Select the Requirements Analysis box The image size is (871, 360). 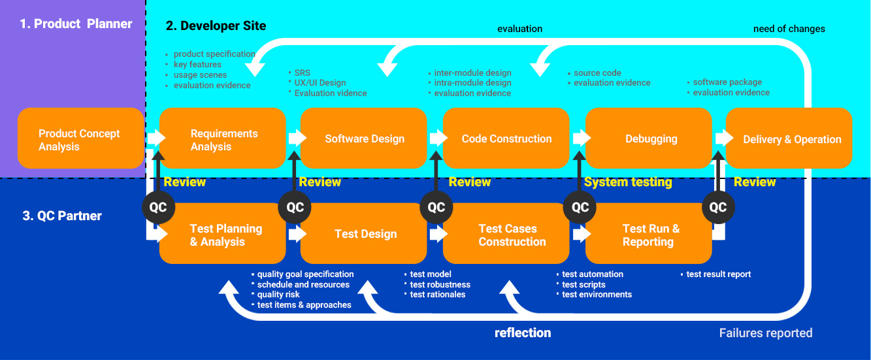pyautogui.click(x=223, y=139)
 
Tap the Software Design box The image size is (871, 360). pyautogui.click(x=364, y=139)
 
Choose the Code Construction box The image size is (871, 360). pyautogui.click(x=506, y=139)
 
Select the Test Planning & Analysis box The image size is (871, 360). pyautogui.click(x=225, y=235)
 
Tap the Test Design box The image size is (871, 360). pyautogui.click(x=365, y=234)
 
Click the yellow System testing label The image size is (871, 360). pyautogui.click(x=628, y=182)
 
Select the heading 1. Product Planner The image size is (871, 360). pyautogui.click(x=76, y=24)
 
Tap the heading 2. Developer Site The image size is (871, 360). pyautogui.click(x=216, y=26)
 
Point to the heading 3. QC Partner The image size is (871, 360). pyautogui.click(x=63, y=216)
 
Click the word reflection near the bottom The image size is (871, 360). pyautogui.click(x=523, y=333)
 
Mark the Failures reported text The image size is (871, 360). pyautogui.click(x=765, y=333)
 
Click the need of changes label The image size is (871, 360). pyautogui.click(x=789, y=29)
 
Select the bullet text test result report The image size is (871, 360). pyautogui.click(x=718, y=274)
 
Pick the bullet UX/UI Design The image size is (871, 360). pyautogui.click(x=320, y=83)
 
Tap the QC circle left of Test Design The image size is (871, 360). pyautogui.click(x=295, y=207)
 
